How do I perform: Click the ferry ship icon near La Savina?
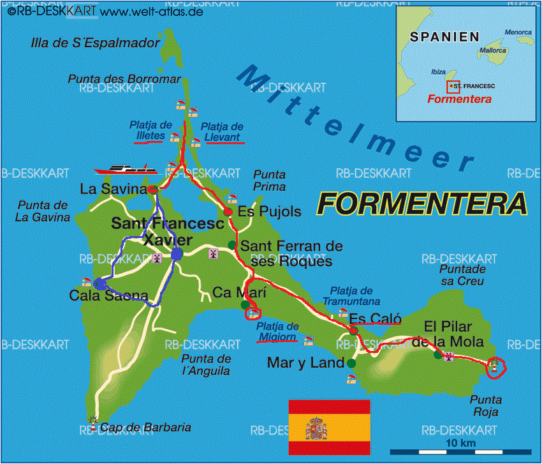126,169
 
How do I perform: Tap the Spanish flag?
329,424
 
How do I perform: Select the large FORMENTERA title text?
423,204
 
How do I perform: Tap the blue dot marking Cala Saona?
99,284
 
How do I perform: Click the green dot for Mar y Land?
353,363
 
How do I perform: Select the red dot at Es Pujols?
228,211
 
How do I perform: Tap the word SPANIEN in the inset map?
444,36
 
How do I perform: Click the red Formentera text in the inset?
459,99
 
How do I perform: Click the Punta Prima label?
269,180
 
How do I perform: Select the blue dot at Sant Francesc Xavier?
177,254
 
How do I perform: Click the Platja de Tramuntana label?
351,296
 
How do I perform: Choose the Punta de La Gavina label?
43,211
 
